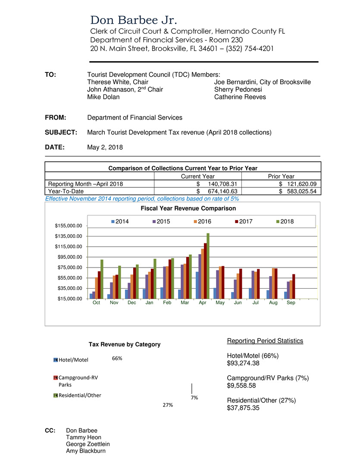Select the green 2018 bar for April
pos(208,265)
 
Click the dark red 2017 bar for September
pos(294,286)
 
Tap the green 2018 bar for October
pos(102,279)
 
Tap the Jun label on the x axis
pos(238,303)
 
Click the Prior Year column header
pos(281,176)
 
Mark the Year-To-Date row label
pos(66,191)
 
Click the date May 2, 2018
pos(105,147)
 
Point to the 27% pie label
pos(168,405)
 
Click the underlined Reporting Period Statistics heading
pos(265,341)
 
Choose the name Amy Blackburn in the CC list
pos(85,451)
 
